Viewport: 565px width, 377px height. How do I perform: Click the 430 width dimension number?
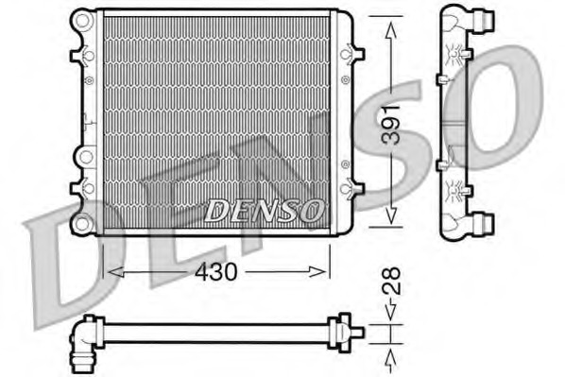(x=215, y=271)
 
